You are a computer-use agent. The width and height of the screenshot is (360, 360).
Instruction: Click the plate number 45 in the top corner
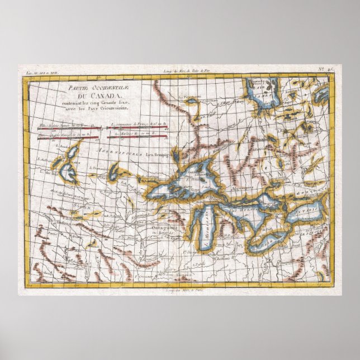[x=330, y=71]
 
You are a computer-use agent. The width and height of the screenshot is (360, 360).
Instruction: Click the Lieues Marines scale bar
[x=138, y=136]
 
